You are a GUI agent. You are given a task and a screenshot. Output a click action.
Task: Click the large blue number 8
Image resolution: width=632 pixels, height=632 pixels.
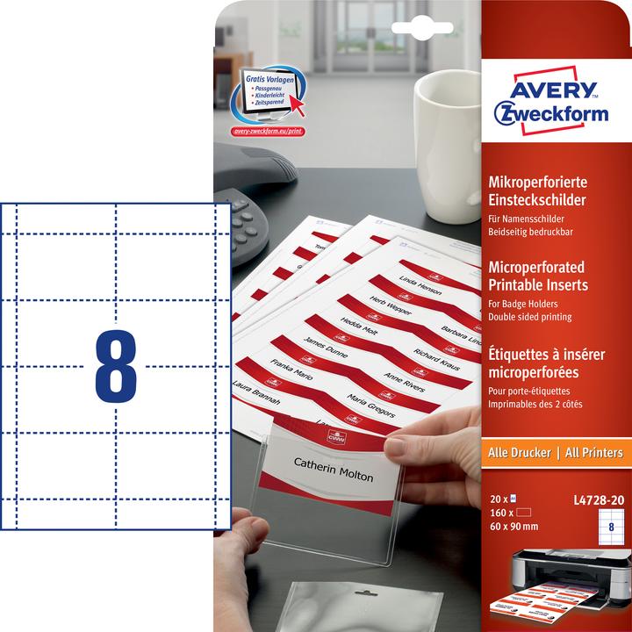(117, 363)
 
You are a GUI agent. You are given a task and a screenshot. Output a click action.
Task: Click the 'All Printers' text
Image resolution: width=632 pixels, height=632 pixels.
(592, 453)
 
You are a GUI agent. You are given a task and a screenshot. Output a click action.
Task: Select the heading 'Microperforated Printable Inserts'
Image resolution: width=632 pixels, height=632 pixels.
(536, 276)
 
